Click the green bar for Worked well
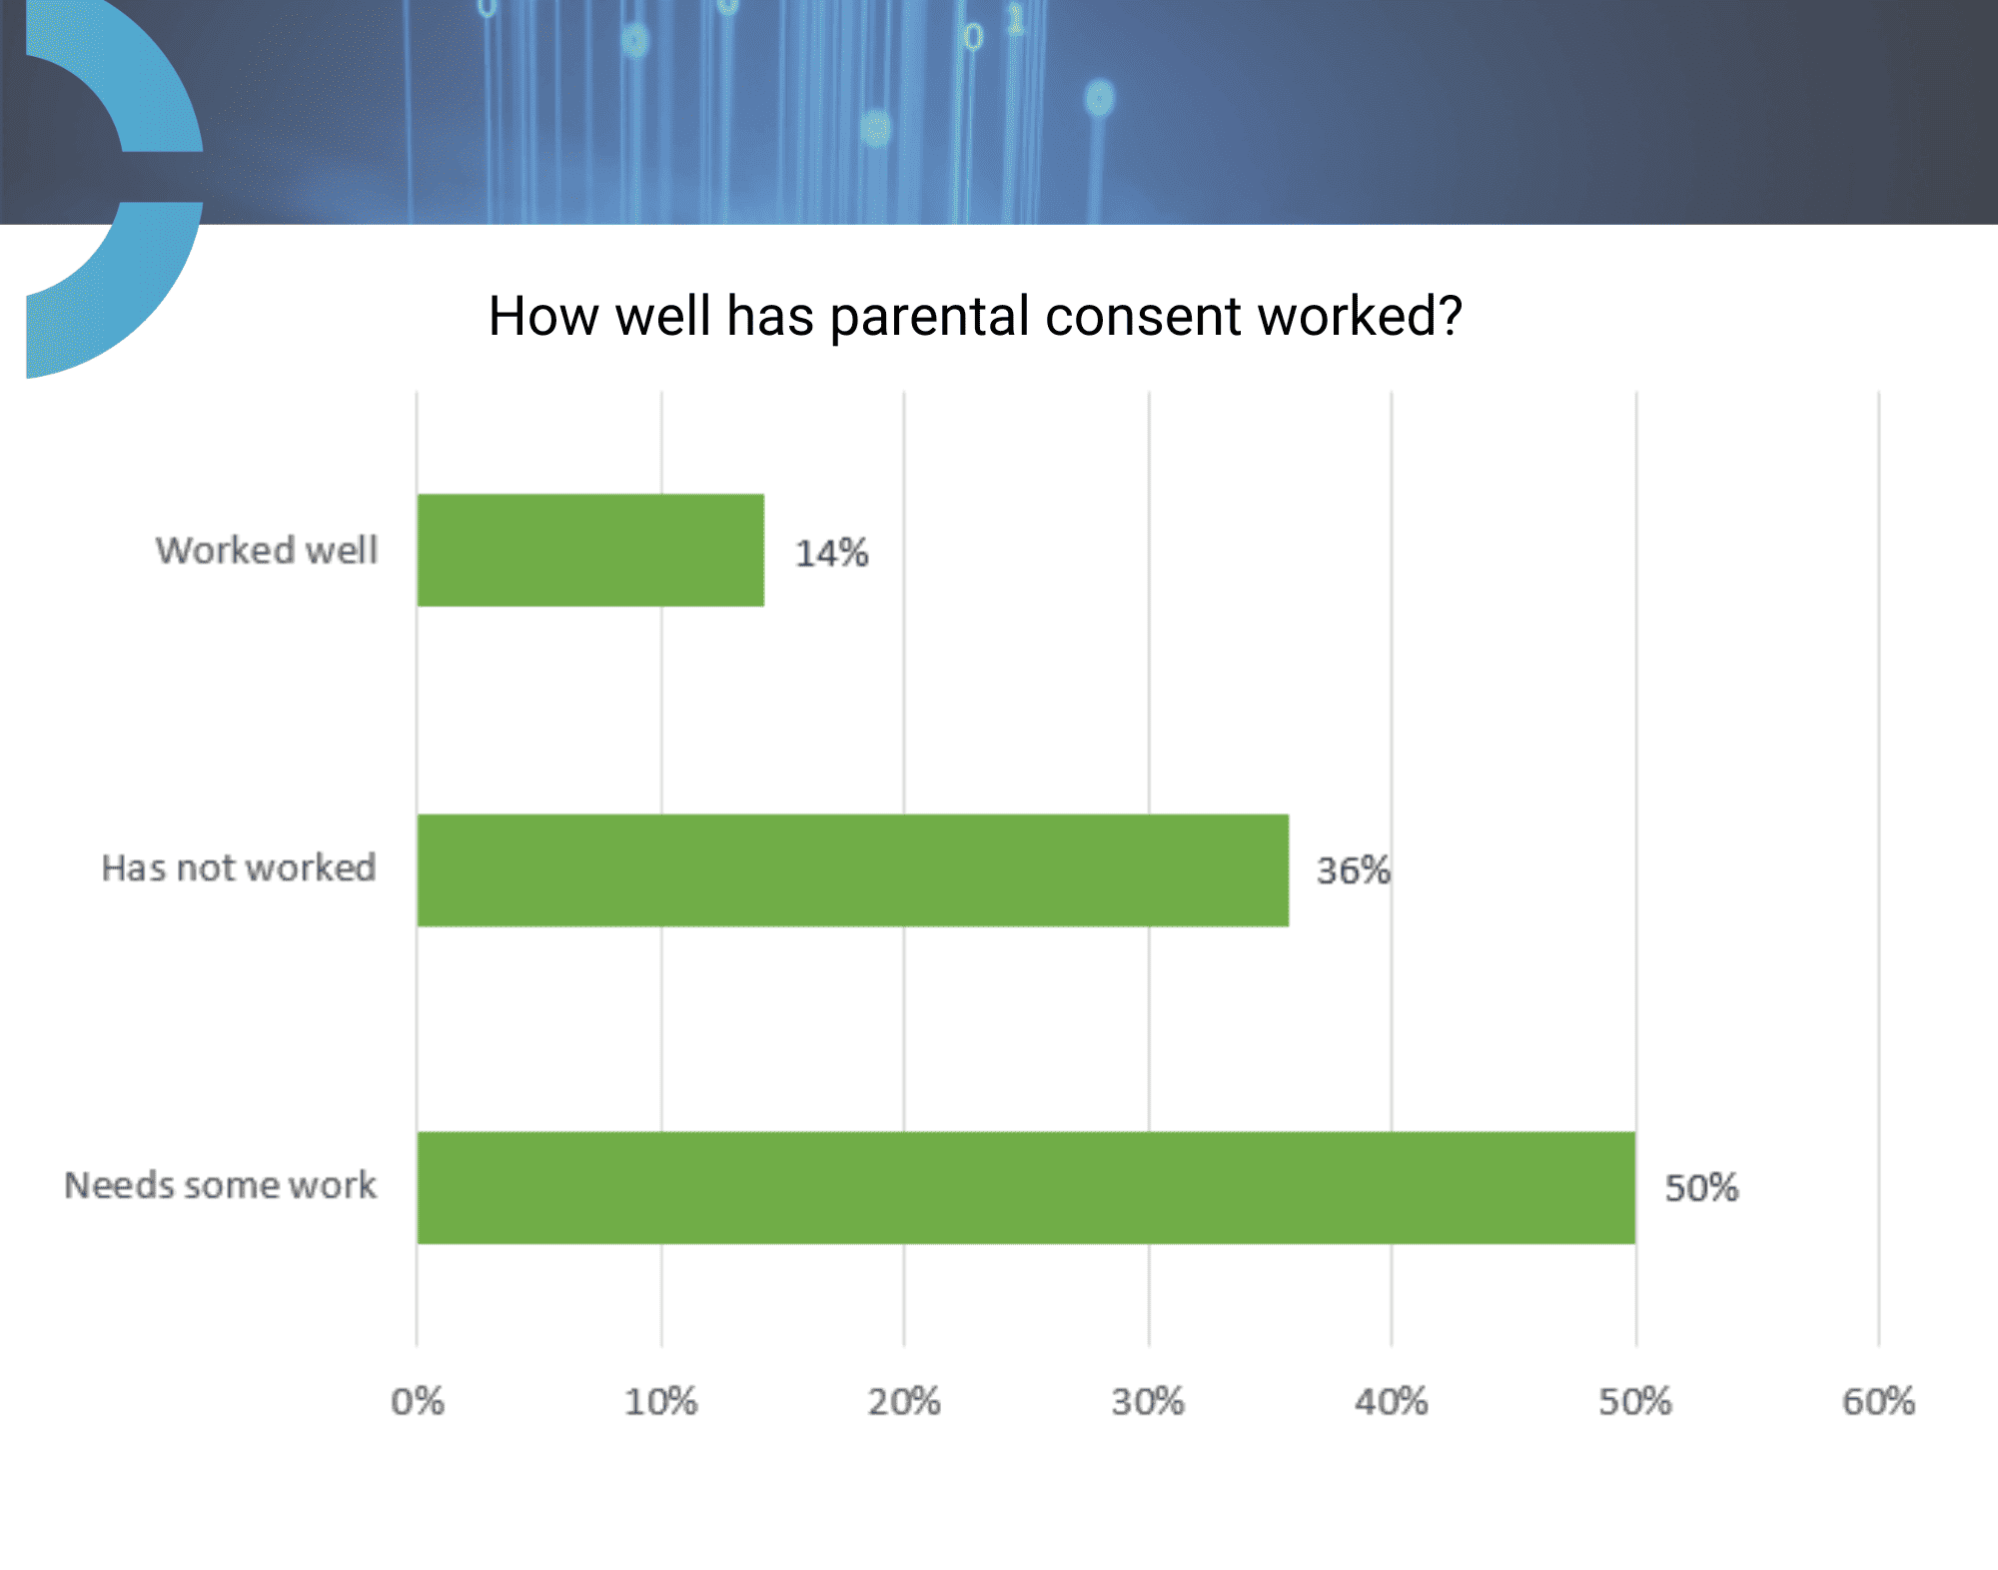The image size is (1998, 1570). pyautogui.click(x=590, y=550)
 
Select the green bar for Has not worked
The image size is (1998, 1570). pyautogui.click(x=853, y=870)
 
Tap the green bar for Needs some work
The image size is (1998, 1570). pyautogui.click(x=1026, y=1188)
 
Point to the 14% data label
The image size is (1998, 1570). pyautogui.click(x=831, y=553)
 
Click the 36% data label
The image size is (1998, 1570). pyautogui.click(x=1354, y=870)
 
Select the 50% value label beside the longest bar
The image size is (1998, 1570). pyautogui.click(x=1701, y=1188)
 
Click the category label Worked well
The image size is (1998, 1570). pyautogui.click(x=267, y=551)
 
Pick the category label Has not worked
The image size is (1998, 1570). pyautogui.click(x=239, y=867)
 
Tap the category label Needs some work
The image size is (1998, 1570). pyautogui.click(x=221, y=1185)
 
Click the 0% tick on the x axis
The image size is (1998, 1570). pyautogui.click(x=418, y=1401)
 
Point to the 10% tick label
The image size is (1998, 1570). pyautogui.click(x=660, y=1401)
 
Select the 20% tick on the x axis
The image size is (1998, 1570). pyautogui.click(x=904, y=1401)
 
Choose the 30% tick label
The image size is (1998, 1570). pyautogui.click(x=1148, y=1401)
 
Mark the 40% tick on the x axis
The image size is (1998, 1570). pyautogui.click(x=1392, y=1401)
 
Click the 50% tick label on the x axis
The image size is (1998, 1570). pyautogui.click(x=1635, y=1401)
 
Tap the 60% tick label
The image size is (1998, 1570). pyautogui.click(x=1879, y=1401)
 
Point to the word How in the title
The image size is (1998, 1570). pyautogui.click(x=543, y=317)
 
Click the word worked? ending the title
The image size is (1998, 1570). pyautogui.click(x=1360, y=316)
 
